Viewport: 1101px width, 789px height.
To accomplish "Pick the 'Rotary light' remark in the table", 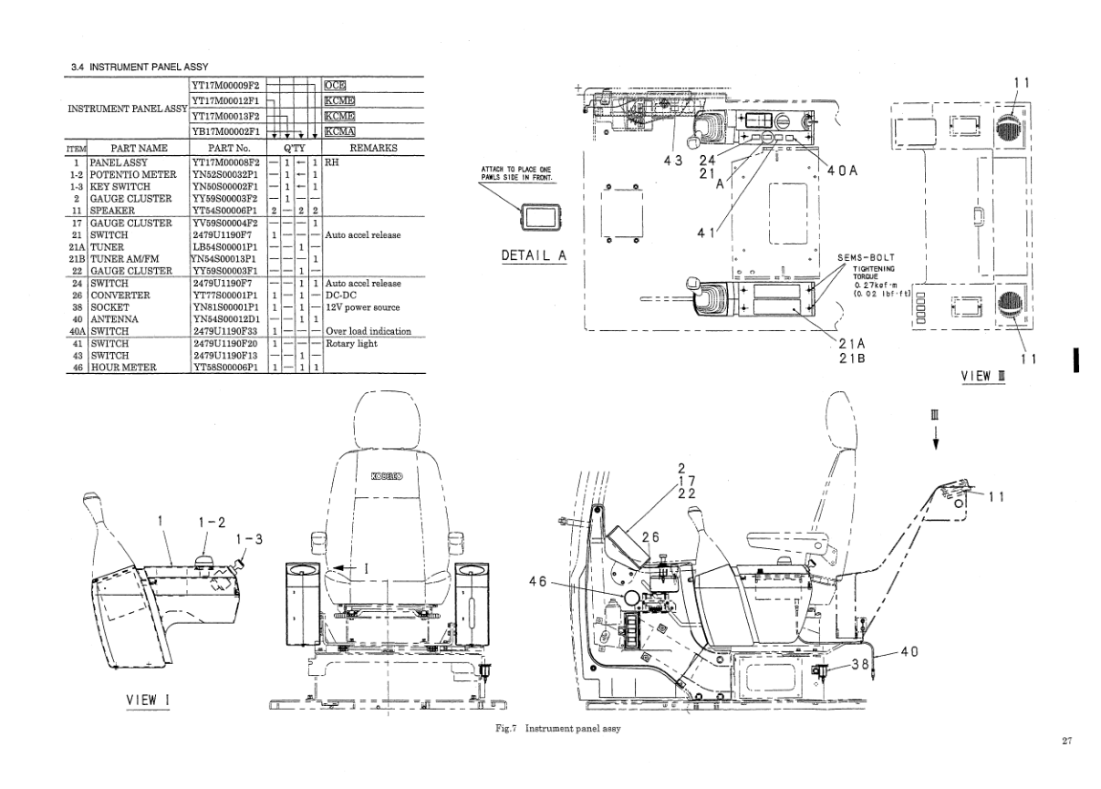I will (352, 343).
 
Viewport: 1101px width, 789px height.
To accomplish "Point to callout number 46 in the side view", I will (539, 580).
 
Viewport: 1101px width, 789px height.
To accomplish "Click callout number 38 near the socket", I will (859, 665).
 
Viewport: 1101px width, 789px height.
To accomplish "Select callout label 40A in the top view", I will (842, 171).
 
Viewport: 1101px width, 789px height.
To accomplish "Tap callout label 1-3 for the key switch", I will (248, 540).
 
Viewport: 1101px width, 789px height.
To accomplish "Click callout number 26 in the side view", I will (650, 537).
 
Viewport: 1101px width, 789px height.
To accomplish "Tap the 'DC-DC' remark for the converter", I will (343, 296).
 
